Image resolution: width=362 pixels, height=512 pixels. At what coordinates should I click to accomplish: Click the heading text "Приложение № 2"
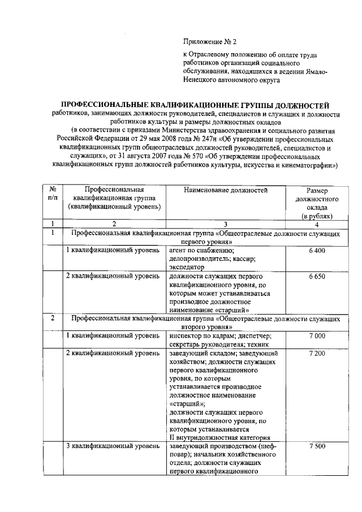tap(209, 42)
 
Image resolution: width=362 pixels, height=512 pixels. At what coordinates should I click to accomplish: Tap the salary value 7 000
tap(317, 336)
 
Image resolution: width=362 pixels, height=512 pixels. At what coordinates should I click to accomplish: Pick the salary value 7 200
tap(317, 354)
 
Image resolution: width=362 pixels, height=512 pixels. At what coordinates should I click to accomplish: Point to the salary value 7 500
tap(317, 446)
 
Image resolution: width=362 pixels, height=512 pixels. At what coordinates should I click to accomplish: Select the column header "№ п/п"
tap(52, 195)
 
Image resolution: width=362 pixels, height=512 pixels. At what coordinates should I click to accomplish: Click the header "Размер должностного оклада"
tap(317, 200)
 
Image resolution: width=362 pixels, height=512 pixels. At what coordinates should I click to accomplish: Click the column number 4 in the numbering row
tap(317, 223)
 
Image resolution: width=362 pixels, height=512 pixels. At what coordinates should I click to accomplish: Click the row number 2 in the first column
tap(52, 319)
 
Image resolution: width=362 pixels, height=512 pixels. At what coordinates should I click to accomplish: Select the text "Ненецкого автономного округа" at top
tap(231, 80)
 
